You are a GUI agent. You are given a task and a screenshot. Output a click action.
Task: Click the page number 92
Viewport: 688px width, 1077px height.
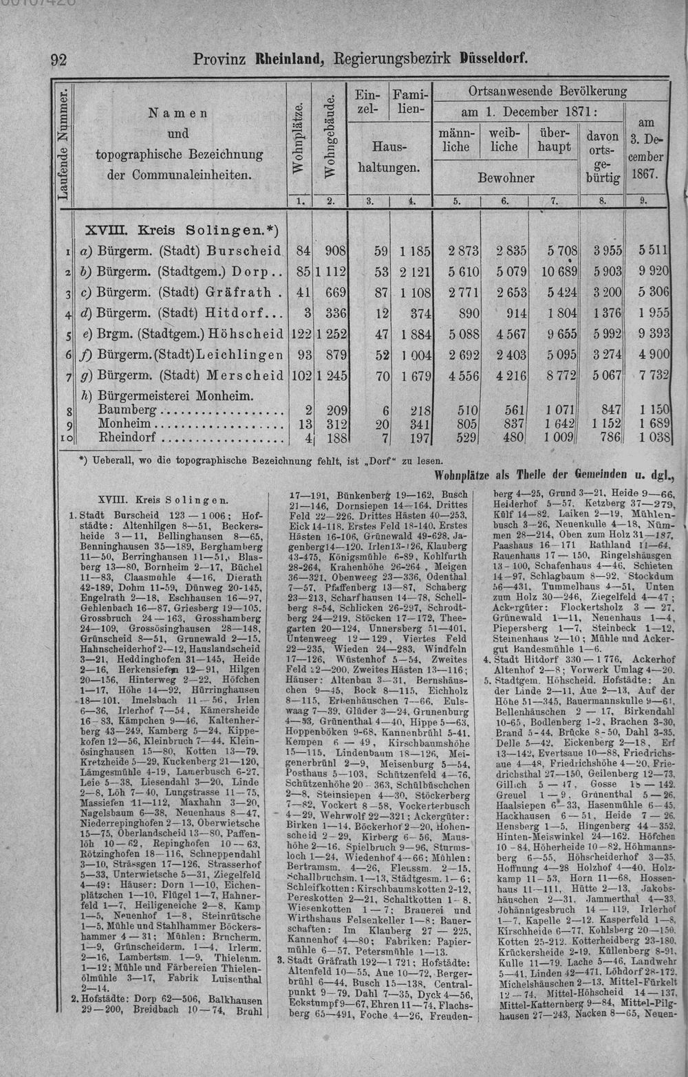click(x=58, y=59)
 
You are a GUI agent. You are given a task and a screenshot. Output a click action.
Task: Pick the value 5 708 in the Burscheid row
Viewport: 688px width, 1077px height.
click(x=559, y=250)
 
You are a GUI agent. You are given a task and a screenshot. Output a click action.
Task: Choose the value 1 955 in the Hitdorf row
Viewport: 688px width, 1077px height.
click(x=653, y=313)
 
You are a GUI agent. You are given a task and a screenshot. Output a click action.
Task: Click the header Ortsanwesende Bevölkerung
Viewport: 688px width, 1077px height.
click(x=547, y=91)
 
